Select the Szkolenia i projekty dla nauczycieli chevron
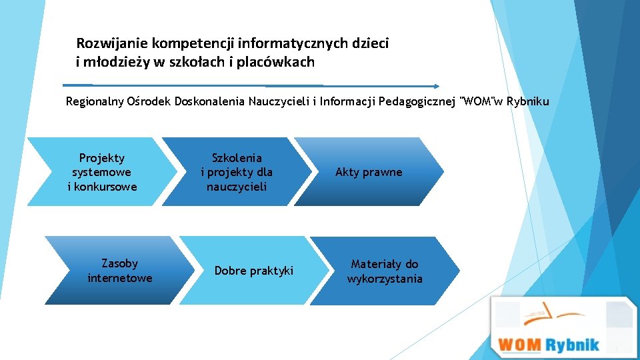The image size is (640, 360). (x=237, y=172)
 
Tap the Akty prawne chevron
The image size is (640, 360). (x=369, y=172)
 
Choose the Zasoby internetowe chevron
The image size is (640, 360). (x=119, y=271)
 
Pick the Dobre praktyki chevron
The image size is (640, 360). (x=253, y=271)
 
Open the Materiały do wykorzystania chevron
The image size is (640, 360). (x=385, y=271)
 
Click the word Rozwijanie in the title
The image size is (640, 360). (x=112, y=44)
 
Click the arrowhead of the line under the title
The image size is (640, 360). (x=436, y=86)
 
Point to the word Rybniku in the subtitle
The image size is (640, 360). (x=528, y=102)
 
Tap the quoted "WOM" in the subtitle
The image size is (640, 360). (x=478, y=102)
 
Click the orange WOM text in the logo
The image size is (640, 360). (x=520, y=345)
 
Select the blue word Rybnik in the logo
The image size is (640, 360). (x=572, y=345)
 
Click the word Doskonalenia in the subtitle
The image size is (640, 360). (x=209, y=102)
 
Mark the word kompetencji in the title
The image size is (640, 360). (x=192, y=44)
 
